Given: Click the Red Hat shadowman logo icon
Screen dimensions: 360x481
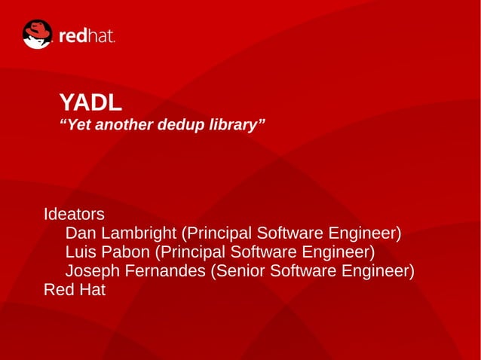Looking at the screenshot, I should [37, 35].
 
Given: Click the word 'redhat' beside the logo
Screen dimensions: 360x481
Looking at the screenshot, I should [87, 35].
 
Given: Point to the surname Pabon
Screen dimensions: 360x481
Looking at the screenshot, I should [126, 252].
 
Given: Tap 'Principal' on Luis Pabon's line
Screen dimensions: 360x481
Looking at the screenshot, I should [193, 252].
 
